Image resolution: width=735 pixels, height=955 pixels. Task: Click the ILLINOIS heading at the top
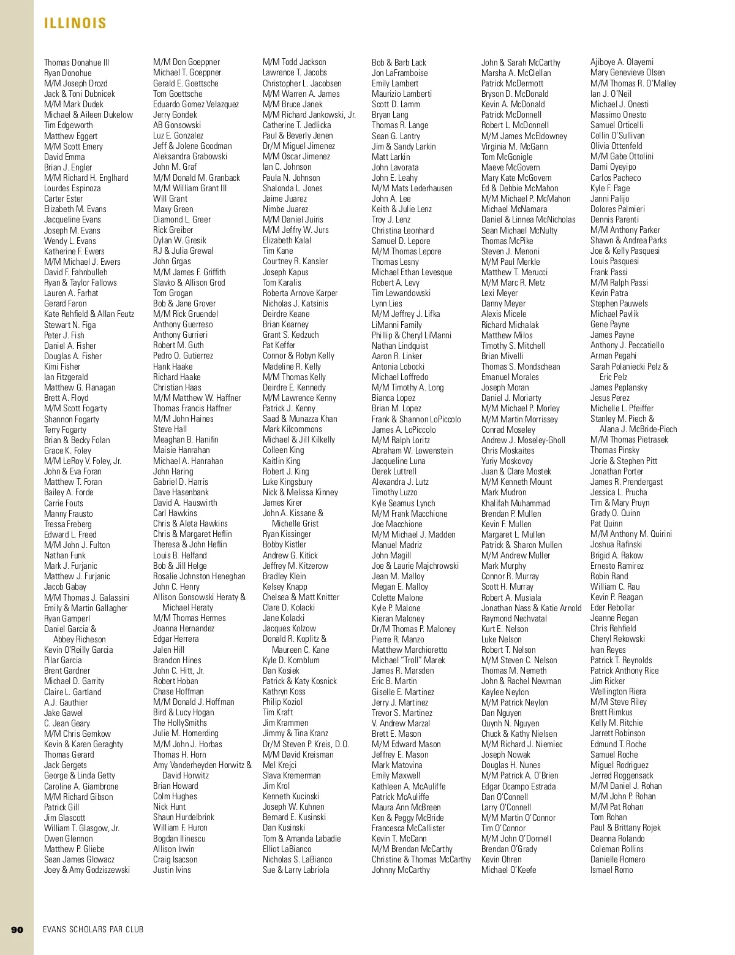pos(75,23)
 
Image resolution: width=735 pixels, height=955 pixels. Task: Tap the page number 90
pos(17,929)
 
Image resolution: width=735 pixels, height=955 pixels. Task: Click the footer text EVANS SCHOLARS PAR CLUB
pos(93,929)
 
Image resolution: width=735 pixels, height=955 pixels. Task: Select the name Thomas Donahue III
pos(77,63)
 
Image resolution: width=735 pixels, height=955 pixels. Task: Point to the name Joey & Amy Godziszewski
pos(87,870)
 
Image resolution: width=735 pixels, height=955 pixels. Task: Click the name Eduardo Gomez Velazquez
pos(196,104)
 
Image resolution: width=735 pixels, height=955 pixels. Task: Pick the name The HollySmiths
pos(180,723)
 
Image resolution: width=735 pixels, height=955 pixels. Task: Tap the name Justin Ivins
pos(172,870)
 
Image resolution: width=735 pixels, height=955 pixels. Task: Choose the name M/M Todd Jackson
pos(295,62)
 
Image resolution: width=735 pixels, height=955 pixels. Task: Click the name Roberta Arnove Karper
pos(300,293)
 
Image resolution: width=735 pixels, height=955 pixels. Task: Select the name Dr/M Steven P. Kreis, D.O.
pos(306,744)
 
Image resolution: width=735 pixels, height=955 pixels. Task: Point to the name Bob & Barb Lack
pos(399,63)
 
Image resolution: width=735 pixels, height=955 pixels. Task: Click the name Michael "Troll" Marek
pos(409,660)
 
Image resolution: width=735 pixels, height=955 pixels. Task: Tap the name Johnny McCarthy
pos(401,870)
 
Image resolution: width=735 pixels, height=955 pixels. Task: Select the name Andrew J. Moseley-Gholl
pos(523,440)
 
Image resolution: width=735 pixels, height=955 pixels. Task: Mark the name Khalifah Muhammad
pos(516,503)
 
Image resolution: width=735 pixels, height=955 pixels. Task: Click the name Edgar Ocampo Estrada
pos(518,786)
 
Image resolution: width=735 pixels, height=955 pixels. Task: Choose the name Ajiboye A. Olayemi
pos(622,62)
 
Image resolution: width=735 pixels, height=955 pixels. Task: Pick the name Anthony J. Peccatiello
pos(627,345)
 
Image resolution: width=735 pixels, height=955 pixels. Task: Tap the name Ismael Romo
pos(612,870)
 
